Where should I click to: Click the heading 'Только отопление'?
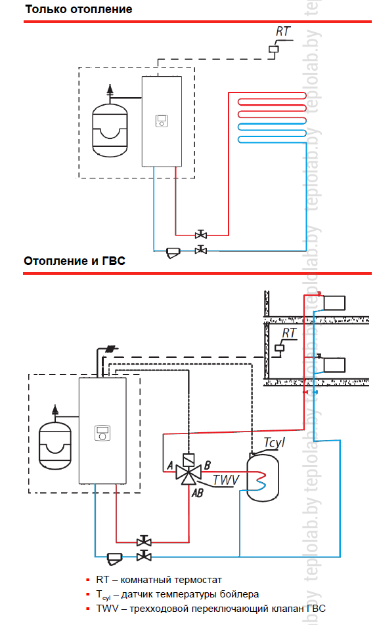[78, 9]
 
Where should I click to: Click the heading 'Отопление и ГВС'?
[75, 261]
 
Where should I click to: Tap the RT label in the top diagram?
[282, 31]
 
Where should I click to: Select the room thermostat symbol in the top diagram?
[274, 49]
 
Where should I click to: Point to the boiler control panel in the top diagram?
[162, 121]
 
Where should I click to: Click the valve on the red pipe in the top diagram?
[201, 235]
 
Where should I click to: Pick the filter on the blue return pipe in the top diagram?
[173, 252]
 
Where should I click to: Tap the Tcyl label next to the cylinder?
[275, 443]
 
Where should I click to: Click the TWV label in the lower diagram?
[226, 480]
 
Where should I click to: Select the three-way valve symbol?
[188, 471]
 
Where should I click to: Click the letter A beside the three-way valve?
[170, 465]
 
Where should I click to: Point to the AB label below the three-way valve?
[197, 493]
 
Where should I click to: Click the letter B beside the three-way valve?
[208, 465]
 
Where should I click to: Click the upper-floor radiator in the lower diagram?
[334, 303]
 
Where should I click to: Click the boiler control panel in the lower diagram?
[102, 433]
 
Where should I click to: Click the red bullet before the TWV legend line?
[88, 609]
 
